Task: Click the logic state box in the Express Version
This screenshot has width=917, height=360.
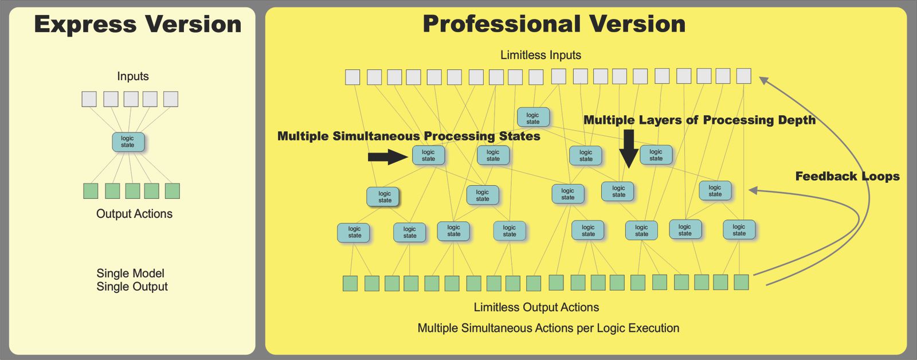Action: click(128, 142)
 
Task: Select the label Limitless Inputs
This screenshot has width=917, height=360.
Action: click(541, 55)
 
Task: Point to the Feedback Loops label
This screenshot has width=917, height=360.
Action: click(848, 176)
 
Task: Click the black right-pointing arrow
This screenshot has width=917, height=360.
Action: click(387, 157)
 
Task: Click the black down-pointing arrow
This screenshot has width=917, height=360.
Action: click(629, 149)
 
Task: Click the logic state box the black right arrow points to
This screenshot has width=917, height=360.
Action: click(428, 155)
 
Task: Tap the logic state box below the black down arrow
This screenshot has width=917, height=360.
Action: click(618, 191)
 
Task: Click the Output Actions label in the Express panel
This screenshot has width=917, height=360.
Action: click(134, 214)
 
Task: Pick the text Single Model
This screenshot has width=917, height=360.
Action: click(130, 273)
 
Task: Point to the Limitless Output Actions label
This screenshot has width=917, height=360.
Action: click(536, 307)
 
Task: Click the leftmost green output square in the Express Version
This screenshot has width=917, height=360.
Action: click(91, 191)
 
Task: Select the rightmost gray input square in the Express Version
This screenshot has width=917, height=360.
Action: click(171, 99)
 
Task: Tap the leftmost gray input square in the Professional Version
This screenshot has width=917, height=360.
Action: click(352, 77)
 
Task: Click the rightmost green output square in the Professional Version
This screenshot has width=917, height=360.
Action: click(742, 282)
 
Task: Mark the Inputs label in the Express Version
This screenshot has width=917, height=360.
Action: click(132, 77)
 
